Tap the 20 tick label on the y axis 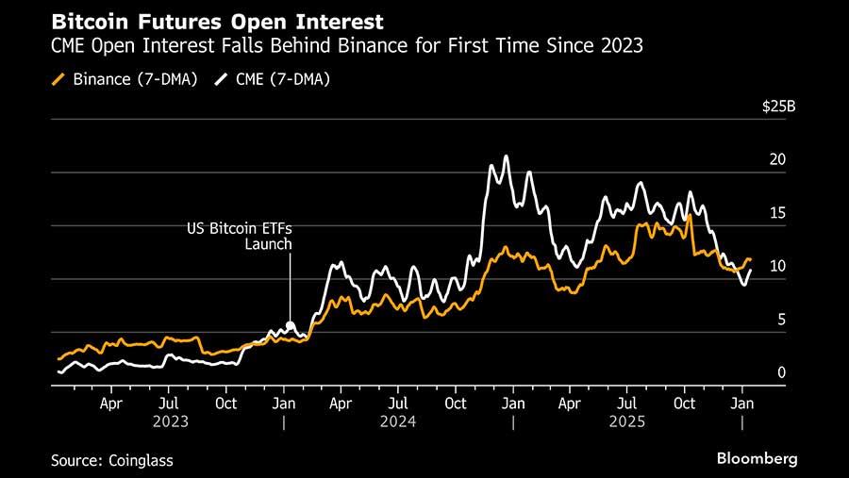[x=777, y=160]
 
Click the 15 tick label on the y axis [x=777, y=214]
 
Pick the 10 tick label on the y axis [x=777, y=267]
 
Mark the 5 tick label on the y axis [x=780, y=321]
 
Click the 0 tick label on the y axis [x=780, y=373]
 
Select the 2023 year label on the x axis [x=170, y=421]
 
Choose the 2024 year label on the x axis [x=398, y=421]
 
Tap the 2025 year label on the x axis [x=627, y=421]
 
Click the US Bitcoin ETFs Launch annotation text [x=250, y=237]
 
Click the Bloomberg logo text [x=757, y=459]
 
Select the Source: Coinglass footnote [x=112, y=460]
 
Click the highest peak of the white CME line [x=507, y=157]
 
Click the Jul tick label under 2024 [x=397, y=403]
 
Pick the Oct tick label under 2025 [x=684, y=403]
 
